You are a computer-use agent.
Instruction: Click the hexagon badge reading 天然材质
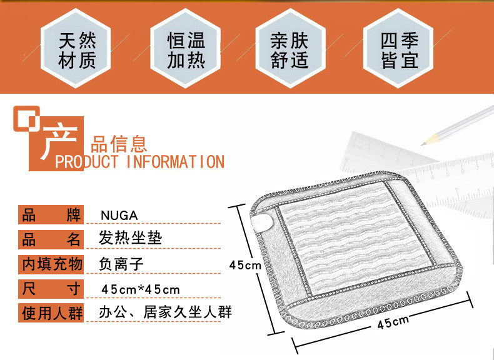point(76,48)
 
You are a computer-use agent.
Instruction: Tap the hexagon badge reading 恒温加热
point(185,48)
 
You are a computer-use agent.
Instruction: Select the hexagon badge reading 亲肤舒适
point(290,48)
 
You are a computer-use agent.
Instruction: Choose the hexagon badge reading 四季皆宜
point(398,48)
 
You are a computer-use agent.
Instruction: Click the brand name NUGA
point(119,216)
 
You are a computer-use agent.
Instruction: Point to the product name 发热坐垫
point(130,237)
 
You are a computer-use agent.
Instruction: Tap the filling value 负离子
point(121,264)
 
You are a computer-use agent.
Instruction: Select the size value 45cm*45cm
point(141,289)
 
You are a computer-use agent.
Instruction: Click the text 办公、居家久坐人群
point(166,312)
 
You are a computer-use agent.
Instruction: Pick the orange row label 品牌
point(51,215)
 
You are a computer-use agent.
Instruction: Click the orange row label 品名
point(51,239)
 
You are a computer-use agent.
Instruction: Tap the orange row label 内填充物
point(51,264)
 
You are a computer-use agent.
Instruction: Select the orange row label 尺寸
point(51,289)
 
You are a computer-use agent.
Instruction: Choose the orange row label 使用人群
point(51,312)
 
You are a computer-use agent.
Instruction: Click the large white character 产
point(59,142)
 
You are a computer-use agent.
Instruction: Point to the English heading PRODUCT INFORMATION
point(139,162)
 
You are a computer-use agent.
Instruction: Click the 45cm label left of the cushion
point(245,265)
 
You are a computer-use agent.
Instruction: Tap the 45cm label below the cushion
point(393,322)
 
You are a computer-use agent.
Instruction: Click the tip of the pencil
point(422,144)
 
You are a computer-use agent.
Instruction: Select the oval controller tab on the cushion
point(262,222)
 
